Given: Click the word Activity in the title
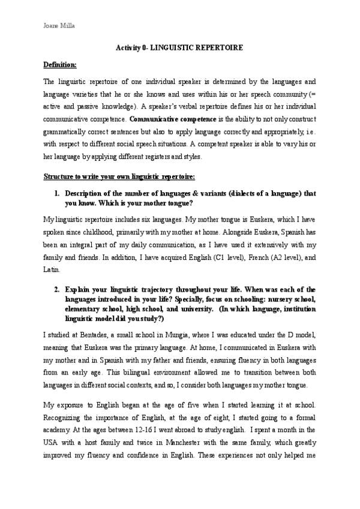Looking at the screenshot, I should point(127,47).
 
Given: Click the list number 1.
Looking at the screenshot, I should point(56,194).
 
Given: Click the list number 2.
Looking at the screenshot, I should point(56,289).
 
